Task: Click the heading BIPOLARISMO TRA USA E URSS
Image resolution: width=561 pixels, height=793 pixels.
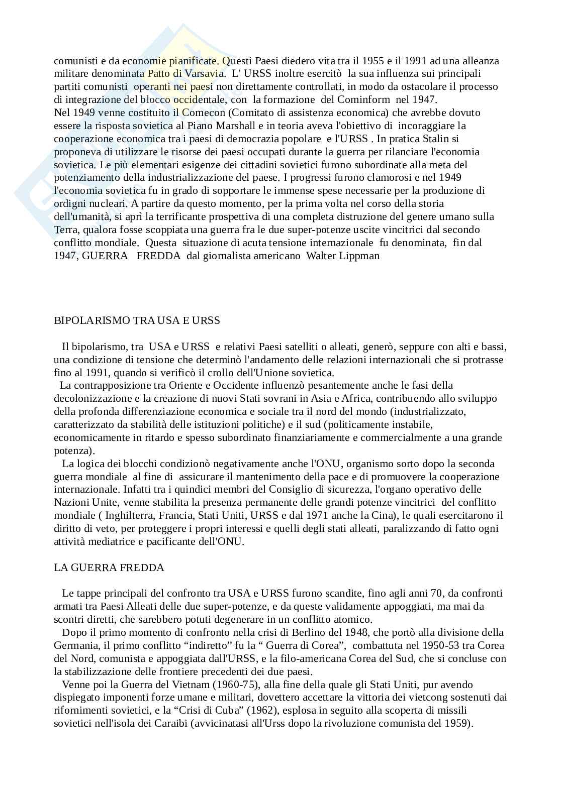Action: [x=137, y=320]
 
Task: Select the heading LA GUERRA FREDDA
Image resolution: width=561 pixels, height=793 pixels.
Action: [x=109, y=568]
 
